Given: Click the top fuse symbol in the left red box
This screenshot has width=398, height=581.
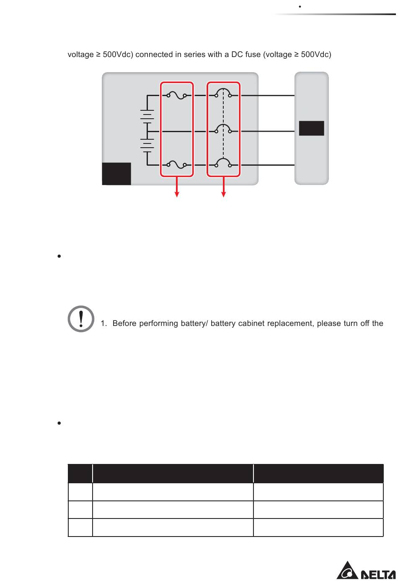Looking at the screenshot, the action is click(177, 96).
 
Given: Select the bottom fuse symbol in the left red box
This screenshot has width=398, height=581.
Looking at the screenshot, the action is click(177, 165).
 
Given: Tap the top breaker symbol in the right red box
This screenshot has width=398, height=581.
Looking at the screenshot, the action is click(223, 93).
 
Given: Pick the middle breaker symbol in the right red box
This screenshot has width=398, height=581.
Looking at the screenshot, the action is click(223, 129).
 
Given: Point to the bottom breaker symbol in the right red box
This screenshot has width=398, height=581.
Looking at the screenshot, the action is click(223, 163).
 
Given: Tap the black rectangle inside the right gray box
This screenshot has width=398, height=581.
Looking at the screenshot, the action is click(311, 128).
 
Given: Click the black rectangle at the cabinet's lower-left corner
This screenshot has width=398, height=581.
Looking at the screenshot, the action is click(116, 174).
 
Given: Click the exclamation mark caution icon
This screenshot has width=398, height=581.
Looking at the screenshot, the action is click(81, 319).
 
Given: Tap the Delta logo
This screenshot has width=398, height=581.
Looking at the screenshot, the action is click(366, 571).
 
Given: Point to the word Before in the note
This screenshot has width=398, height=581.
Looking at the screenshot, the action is click(124, 323).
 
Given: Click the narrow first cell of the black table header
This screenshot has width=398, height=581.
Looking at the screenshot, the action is click(80, 473).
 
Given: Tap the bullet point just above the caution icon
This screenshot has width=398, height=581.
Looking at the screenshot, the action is click(59, 256).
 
